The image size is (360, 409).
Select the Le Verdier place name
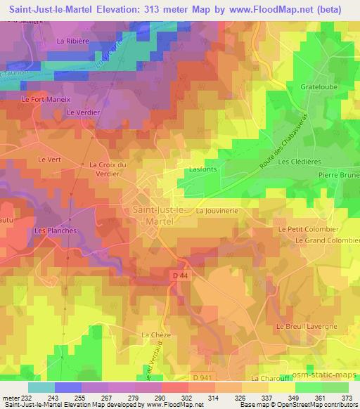coord(80,112)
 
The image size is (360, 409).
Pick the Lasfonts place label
coord(202,169)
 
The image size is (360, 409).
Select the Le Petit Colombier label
coord(308,229)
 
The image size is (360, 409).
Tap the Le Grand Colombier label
coord(327,240)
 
